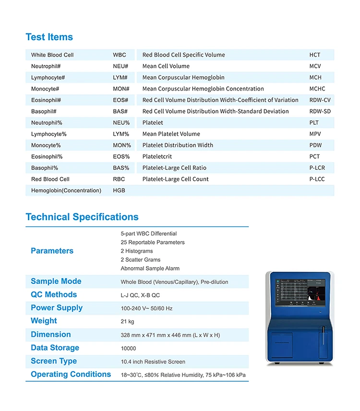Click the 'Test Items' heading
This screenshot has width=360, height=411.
point(49,37)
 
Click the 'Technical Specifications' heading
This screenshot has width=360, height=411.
point(82,217)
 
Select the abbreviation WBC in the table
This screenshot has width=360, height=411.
point(120,55)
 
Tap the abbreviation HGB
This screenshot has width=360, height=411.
point(119,190)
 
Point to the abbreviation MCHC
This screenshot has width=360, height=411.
point(317,89)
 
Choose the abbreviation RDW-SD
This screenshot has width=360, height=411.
point(320,111)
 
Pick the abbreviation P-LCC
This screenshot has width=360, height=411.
point(317,179)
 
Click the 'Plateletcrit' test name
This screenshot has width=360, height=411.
point(157,156)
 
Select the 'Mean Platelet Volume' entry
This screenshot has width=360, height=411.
point(171,134)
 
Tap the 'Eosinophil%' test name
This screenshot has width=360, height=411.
point(47,156)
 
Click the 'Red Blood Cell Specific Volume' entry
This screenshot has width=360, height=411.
point(183,55)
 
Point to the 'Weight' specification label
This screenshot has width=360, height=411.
point(44,321)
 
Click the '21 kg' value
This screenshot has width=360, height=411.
point(127,322)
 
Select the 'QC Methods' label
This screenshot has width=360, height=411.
point(54,294)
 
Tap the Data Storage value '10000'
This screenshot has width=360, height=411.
point(128,349)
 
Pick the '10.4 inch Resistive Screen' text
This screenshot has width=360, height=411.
point(153,362)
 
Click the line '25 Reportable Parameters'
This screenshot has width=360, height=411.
point(153,242)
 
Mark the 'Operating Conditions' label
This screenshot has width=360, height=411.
point(71,374)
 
